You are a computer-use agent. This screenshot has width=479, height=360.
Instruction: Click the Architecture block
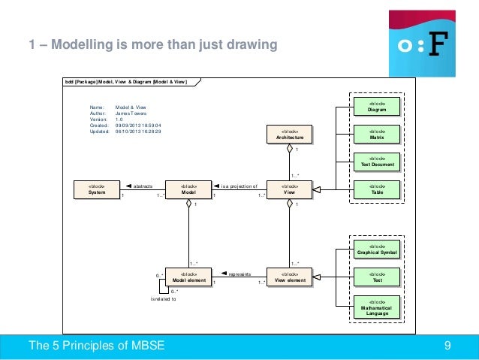pyautogui.click(x=289, y=135)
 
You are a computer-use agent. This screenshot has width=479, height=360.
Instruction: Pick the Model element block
pyautogui.click(x=188, y=277)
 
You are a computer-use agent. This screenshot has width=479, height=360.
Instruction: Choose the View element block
pyautogui.click(x=289, y=277)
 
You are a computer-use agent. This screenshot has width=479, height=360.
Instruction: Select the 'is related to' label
pyautogui.click(x=163, y=299)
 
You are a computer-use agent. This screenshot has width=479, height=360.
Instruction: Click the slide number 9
pyautogui.click(x=448, y=346)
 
